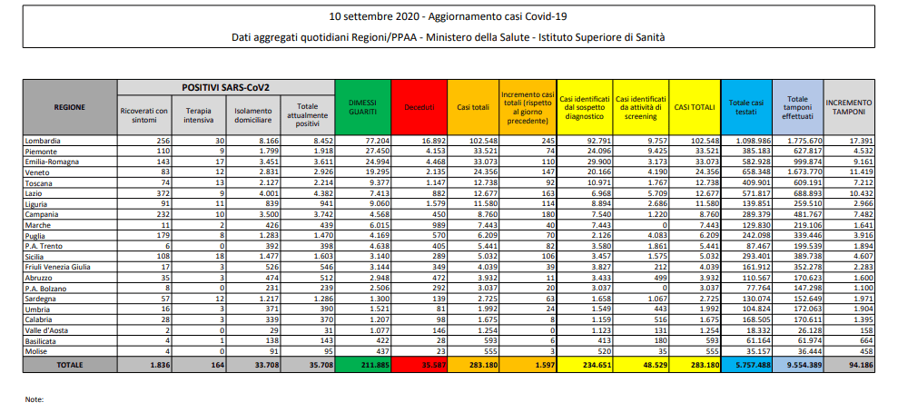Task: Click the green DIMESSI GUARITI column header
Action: [x=363, y=107]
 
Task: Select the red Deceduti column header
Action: [x=419, y=107]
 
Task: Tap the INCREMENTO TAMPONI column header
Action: [x=849, y=107]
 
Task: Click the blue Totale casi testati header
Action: [x=746, y=107]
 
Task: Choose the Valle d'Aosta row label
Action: [x=44, y=330]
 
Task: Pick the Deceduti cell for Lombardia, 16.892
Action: [x=433, y=141]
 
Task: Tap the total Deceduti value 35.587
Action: [x=432, y=365]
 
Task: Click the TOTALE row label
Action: [x=71, y=365]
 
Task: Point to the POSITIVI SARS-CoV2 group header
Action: [x=226, y=87]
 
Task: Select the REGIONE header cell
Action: [x=71, y=107]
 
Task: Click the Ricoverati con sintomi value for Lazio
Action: [x=162, y=191]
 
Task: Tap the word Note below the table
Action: [x=35, y=400]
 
